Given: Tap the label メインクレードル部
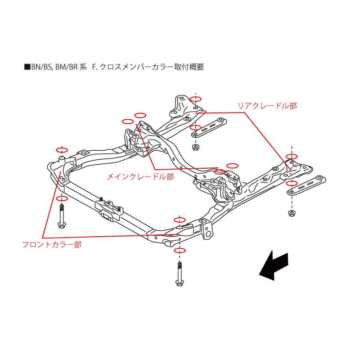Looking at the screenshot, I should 139,177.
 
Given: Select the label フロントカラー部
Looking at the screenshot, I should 52,245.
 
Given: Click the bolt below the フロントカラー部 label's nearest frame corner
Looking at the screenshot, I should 62,216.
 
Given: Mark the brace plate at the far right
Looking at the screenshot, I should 306,185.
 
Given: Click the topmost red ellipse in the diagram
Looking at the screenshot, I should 195,99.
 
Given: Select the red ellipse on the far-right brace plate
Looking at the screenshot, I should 292,183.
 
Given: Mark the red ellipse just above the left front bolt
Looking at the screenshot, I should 62,198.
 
